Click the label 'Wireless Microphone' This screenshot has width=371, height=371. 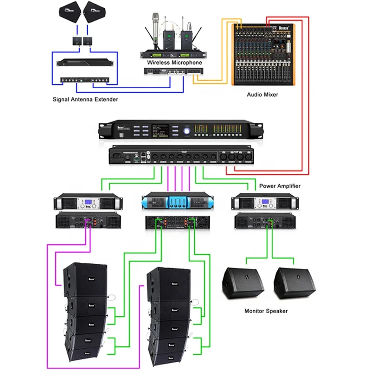174,63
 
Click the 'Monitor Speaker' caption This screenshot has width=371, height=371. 266,311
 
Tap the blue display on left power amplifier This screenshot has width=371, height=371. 89,203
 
